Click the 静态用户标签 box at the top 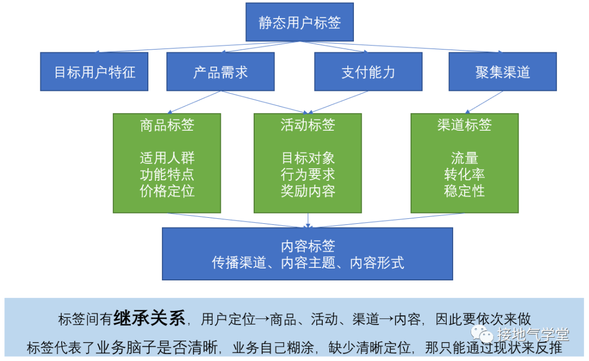click(299, 22)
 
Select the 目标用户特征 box click(94, 71)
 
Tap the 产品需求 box click(220, 71)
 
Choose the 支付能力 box click(368, 71)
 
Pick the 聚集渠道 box click(502, 71)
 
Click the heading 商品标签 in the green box click(167, 125)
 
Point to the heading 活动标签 click(308, 125)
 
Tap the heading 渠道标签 click(464, 125)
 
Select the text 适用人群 click(167, 158)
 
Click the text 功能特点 click(167, 175)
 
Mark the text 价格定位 click(167, 191)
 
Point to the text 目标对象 click(308, 158)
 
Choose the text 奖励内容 click(308, 191)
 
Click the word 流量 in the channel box click(464, 158)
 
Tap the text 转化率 click(464, 175)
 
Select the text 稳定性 click(464, 191)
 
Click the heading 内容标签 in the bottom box click(308, 246)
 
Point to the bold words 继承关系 click(149, 318)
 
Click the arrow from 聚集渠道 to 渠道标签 click(483, 102)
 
